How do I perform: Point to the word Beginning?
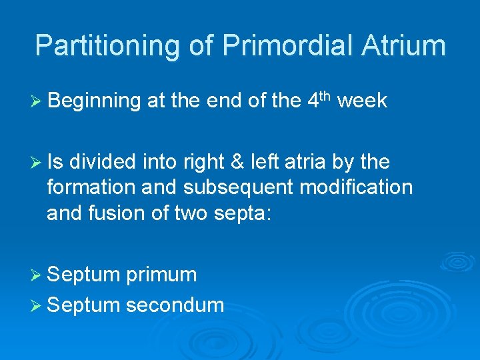click(x=94, y=101)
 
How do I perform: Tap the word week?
click(x=363, y=101)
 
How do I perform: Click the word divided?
click(x=106, y=162)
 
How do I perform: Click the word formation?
click(x=93, y=188)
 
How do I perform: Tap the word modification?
click(x=357, y=188)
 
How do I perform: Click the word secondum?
click(x=175, y=305)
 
